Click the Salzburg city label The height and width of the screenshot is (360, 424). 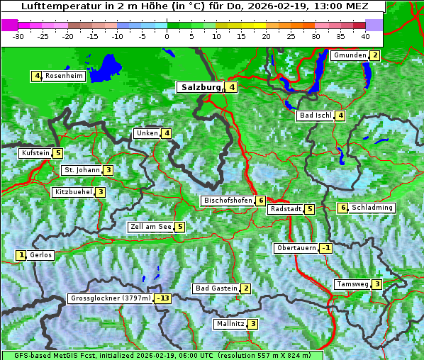(201, 87)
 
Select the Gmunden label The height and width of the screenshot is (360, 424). (350, 55)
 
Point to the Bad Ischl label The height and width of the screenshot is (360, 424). (316, 116)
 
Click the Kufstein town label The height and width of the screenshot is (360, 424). (35, 153)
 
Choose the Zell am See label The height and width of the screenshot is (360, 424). (151, 227)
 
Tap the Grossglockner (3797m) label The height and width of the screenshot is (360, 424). (111, 298)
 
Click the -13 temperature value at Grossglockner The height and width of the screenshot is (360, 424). (164, 298)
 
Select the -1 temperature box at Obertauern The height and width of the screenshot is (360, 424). (325, 248)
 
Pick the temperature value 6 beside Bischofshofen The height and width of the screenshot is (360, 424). (261, 201)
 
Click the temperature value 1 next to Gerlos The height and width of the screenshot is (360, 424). (21, 255)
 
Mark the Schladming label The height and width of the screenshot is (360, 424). (372, 208)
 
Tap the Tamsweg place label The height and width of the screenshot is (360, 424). (352, 284)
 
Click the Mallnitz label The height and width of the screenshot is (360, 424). (230, 324)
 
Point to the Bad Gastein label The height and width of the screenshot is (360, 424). (216, 288)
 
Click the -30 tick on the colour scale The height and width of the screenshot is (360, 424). (19, 35)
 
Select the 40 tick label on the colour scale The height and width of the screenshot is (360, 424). (364, 35)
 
